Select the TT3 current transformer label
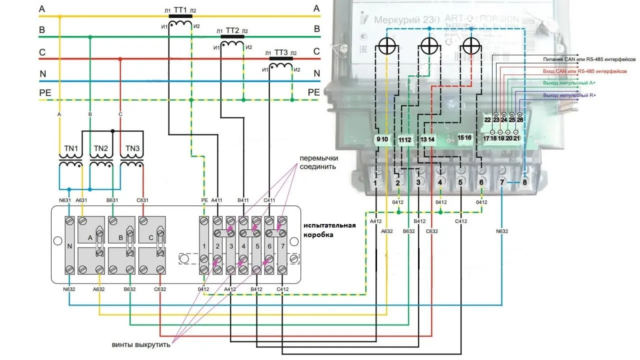point(281,52)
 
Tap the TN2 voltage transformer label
point(101,148)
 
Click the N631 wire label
point(65,200)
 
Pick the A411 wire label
point(217,200)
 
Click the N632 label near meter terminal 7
point(501,231)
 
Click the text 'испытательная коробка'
point(329,229)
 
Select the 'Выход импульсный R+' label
point(569,95)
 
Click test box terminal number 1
point(204,245)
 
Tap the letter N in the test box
point(70,245)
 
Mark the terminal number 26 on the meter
point(519,120)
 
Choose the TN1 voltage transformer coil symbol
point(70,164)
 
